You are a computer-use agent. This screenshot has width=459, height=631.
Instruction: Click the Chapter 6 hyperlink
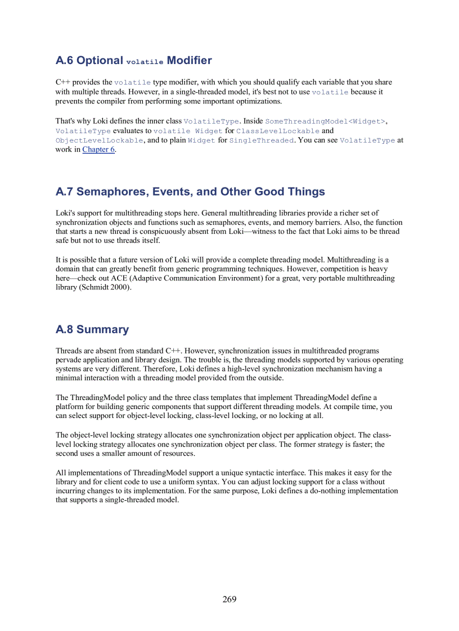(x=98, y=149)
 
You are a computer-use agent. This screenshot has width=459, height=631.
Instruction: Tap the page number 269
(x=229, y=599)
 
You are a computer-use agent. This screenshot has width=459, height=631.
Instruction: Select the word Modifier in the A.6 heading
(x=190, y=60)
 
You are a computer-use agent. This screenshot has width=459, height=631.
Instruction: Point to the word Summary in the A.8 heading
(x=102, y=329)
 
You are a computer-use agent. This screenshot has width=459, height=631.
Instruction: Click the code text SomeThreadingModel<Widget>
(x=325, y=121)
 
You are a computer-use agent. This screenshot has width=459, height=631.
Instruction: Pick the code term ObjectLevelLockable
(x=100, y=140)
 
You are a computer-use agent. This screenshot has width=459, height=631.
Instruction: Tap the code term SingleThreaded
(x=262, y=140)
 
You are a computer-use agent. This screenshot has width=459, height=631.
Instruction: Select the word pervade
(x=70, y=360)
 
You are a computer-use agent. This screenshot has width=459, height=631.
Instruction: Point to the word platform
(x=71, y=406)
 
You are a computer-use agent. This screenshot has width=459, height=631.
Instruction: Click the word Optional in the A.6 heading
(x=100, y=60)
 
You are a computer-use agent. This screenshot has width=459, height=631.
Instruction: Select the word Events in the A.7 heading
(x=173, y=192)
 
